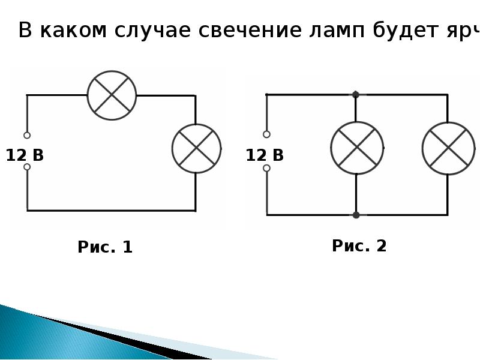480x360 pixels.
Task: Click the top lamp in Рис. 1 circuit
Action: (112, 95)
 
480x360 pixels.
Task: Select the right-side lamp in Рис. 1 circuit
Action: (196, 149)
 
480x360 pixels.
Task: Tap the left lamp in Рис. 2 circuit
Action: (356, 148)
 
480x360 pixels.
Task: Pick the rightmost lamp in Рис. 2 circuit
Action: (448, 148)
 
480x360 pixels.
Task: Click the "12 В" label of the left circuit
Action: (25, 156)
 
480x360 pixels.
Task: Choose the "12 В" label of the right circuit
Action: (265, 156)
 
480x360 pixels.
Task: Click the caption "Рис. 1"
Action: (105, 247)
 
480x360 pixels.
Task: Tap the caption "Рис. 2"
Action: (359, 246)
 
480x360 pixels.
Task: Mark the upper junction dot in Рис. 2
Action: (356, 94)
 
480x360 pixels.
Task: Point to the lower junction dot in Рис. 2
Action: (356, 214)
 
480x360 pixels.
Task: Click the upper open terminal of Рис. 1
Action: (27, 135)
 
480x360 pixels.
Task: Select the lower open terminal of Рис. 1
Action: (27, 167)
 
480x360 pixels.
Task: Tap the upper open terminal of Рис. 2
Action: (266, 134)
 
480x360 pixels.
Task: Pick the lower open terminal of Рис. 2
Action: (266, 168)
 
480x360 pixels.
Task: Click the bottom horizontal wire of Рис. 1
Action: (111, 211)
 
